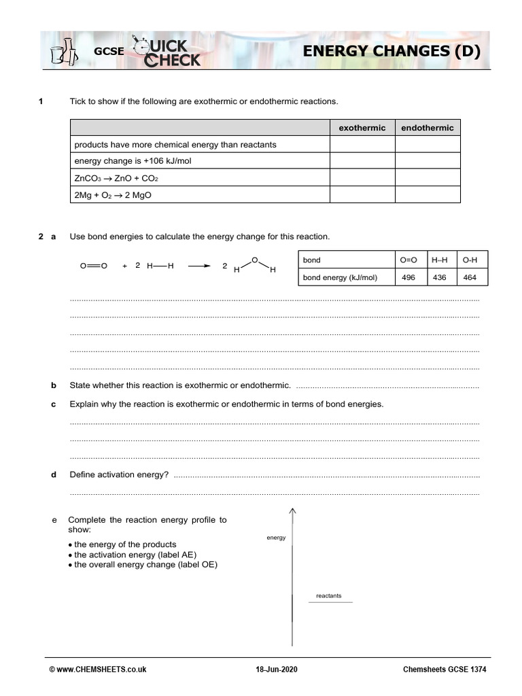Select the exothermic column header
click(x=362, y=128)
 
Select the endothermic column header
click(x=428, y=128)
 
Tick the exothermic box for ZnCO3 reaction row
click(x=362, y=177)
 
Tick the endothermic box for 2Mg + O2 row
click(x=428, y=194)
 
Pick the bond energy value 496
click(x=408, y=277)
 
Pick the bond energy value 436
click(x=439, y=277)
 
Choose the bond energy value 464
click(x=470, y=277)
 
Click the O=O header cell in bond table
click(x=408, y=260)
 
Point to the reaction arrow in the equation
click(x=200, y=266)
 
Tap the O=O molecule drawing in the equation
click(x=93, y=266)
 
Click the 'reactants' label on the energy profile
click(x=329, y=596)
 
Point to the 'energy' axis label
click(x=276, y=538)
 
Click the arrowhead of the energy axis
click(x=292, y=512)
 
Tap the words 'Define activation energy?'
click(x=119, y=474)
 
